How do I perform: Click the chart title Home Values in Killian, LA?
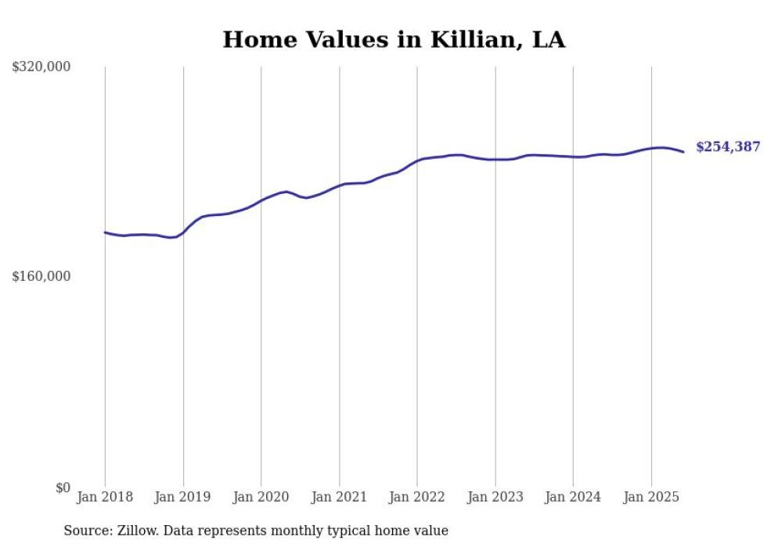394,40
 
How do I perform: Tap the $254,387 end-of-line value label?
727,147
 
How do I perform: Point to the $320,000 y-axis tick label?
41,67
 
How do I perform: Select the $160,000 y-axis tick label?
41,276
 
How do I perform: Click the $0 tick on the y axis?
63,488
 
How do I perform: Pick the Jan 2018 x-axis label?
105,497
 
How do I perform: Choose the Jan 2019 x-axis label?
183,497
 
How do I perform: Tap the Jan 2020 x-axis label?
261,497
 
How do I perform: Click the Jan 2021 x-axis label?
339,497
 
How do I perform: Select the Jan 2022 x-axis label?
417,497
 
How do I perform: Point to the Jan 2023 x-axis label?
495,497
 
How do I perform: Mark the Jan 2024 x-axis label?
573,497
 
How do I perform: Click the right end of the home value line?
683,152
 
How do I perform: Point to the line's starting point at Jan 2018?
105,232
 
